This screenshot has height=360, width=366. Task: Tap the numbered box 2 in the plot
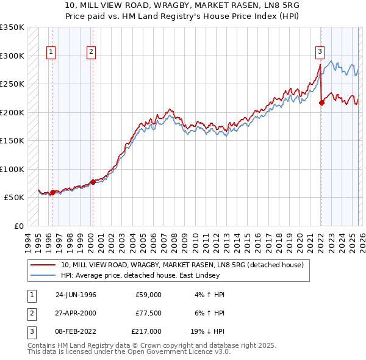coord(90,52)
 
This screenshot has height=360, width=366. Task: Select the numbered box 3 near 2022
coord(320,52)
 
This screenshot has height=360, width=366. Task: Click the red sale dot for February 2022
coord(321,103)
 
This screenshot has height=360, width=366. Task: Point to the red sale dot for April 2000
coord(93,182)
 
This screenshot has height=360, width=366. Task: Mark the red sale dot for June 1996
coord(52,192)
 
